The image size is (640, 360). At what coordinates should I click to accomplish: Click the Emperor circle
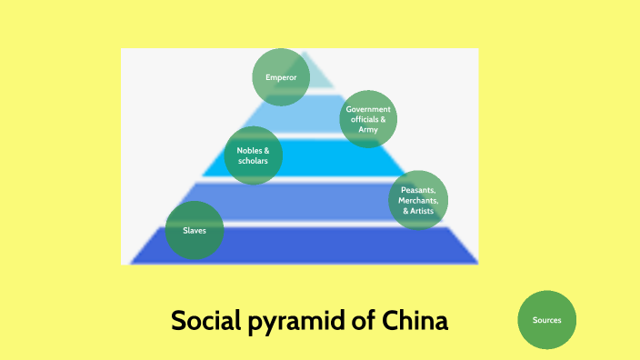click(x=280, y=76)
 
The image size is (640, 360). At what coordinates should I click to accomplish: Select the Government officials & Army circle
click(x=368, y=118)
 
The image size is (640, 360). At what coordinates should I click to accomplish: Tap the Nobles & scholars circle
click(x=253, y=155)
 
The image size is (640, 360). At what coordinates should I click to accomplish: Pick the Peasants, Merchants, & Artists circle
click(x=418, y=199)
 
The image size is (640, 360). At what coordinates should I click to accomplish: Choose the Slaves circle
click(x=195, y=230)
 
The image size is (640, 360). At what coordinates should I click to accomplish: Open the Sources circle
click(x=546, y=320)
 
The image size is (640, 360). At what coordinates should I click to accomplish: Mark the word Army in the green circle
click(x=368, y=130)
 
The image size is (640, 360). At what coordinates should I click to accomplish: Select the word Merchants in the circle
click(x=419, y=200)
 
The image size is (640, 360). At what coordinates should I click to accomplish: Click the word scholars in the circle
click(x=253, y=161)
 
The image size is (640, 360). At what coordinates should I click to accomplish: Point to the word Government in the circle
click(x=368, y=108)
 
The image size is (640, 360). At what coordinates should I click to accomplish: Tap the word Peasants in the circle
click(x=418, y=189)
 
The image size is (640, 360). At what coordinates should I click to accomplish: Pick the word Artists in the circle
click(x=422, y=211)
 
